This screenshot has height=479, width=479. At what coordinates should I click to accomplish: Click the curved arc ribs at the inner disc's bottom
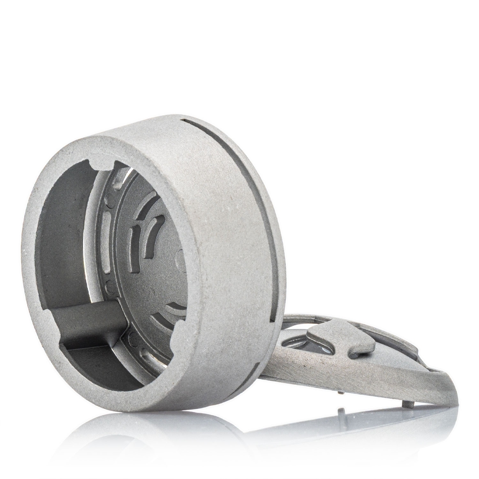176,315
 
